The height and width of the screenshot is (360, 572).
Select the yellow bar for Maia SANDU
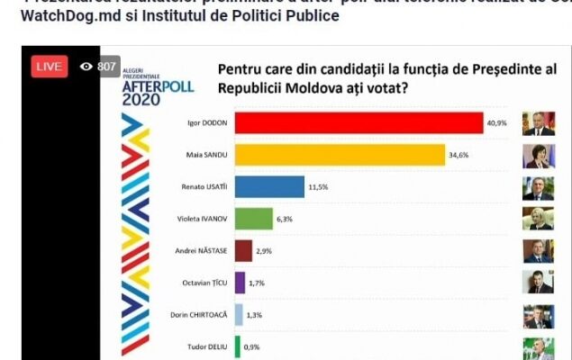coord(340,156)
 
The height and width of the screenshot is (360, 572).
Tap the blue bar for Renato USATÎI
coord(269,187)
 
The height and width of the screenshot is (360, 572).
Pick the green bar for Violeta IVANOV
coord(253,219)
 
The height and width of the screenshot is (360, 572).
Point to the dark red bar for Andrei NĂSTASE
coord(243,250)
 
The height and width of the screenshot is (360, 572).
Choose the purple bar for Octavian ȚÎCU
coord(240,283)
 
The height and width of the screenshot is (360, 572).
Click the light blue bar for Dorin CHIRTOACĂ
coord(239,314)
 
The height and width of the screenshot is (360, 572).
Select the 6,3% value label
coord(286,220)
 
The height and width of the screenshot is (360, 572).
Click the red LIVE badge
coord(50,67)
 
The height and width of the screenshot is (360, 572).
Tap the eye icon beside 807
coord(86,67)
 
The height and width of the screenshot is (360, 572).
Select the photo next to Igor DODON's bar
coord(539,123)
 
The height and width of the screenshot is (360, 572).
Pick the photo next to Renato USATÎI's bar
coord(539,188)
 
